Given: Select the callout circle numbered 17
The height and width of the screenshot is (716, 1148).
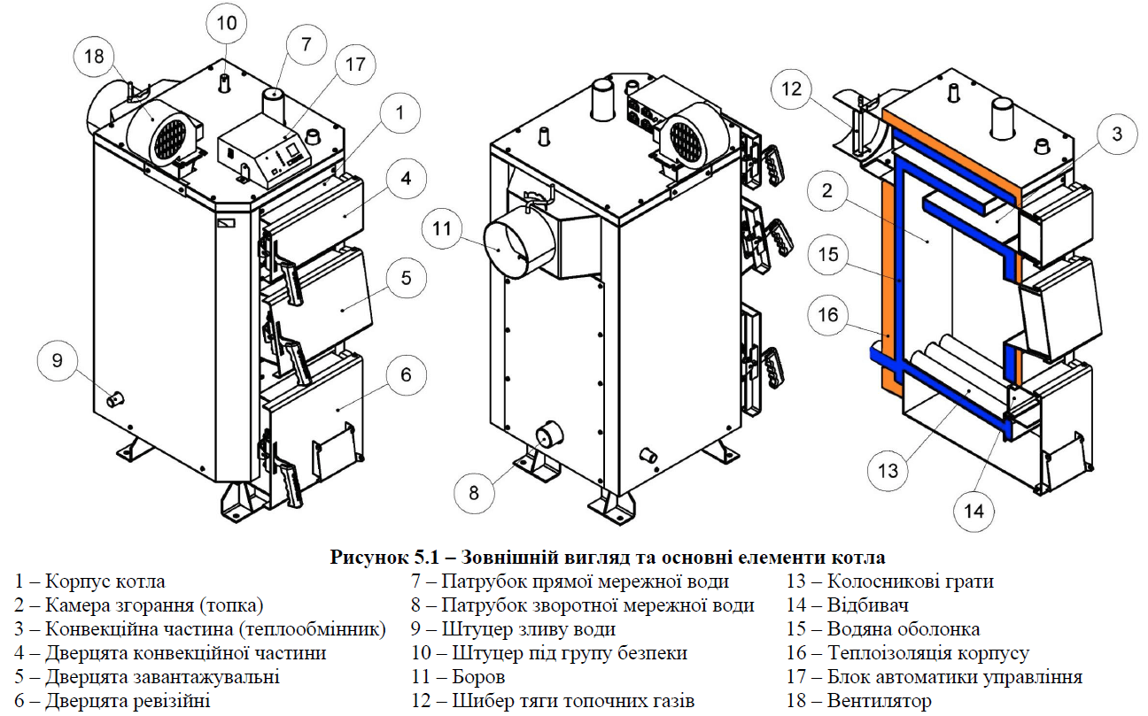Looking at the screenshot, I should [355, 65].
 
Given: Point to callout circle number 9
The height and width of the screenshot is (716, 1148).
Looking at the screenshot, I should [58, 360].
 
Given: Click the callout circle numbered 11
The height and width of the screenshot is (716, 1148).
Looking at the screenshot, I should [442, 230].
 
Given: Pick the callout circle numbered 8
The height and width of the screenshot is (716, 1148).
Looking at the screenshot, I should [474, 492].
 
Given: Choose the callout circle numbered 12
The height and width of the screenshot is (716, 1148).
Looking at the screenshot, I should [791, 89].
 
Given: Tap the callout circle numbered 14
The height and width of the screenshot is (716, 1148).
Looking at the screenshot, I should [973, 511].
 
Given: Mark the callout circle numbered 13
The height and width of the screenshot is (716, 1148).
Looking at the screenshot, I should [888, 471].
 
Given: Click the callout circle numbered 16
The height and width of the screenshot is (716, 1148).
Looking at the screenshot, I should [827, 315].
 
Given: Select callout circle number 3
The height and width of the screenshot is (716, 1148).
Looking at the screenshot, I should [1117, 135].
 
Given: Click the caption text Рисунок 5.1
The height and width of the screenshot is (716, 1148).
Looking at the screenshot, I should [384, 558].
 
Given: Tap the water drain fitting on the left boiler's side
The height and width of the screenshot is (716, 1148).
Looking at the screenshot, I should [115, 399].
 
